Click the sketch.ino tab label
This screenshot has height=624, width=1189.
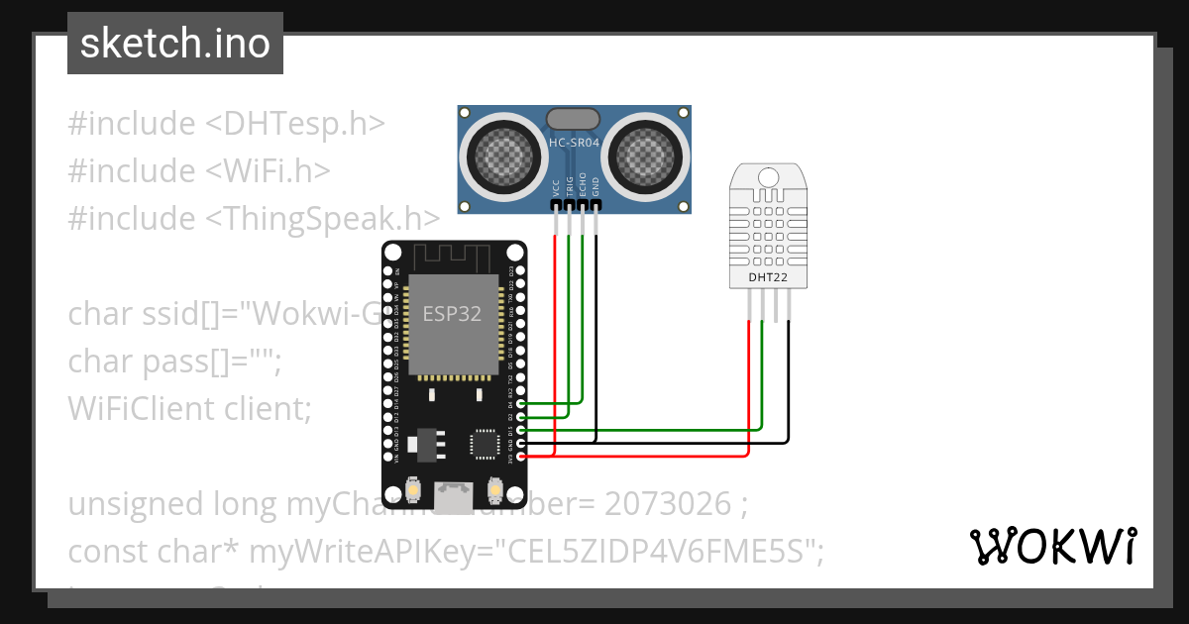(174, 44)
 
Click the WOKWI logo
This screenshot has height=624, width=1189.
(1052, 546)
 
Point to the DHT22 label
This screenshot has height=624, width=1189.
(768, 278)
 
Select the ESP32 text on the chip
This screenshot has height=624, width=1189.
(452, 314)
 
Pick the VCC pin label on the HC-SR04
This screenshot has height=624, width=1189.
(556, 187)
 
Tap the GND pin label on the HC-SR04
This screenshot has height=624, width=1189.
(595, 187)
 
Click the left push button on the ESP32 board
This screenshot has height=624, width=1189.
(413, 490)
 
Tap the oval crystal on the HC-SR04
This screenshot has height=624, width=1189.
(574, 118)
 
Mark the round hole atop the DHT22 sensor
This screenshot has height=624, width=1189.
(768, 176)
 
